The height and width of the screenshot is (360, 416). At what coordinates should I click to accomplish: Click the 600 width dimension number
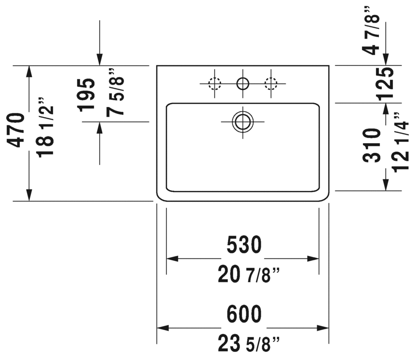click(x=243, y=314)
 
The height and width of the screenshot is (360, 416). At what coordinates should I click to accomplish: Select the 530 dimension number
click(x=243, y=245)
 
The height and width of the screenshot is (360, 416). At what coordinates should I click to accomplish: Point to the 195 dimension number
click(x=87, y=95)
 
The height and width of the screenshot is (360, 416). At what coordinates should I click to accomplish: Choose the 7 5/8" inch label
click(x=116, y=92)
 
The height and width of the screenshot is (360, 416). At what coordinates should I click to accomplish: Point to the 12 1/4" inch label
click(x=401, y=142)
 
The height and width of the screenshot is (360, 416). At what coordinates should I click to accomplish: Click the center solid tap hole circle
click(x=242, y=84)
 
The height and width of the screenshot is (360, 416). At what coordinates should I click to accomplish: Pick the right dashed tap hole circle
click(x=271, y=84)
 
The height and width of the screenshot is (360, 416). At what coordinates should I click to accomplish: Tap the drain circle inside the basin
click(x=242, y=121)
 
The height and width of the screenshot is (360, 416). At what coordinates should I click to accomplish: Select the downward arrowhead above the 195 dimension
click(x=99, y=60)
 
